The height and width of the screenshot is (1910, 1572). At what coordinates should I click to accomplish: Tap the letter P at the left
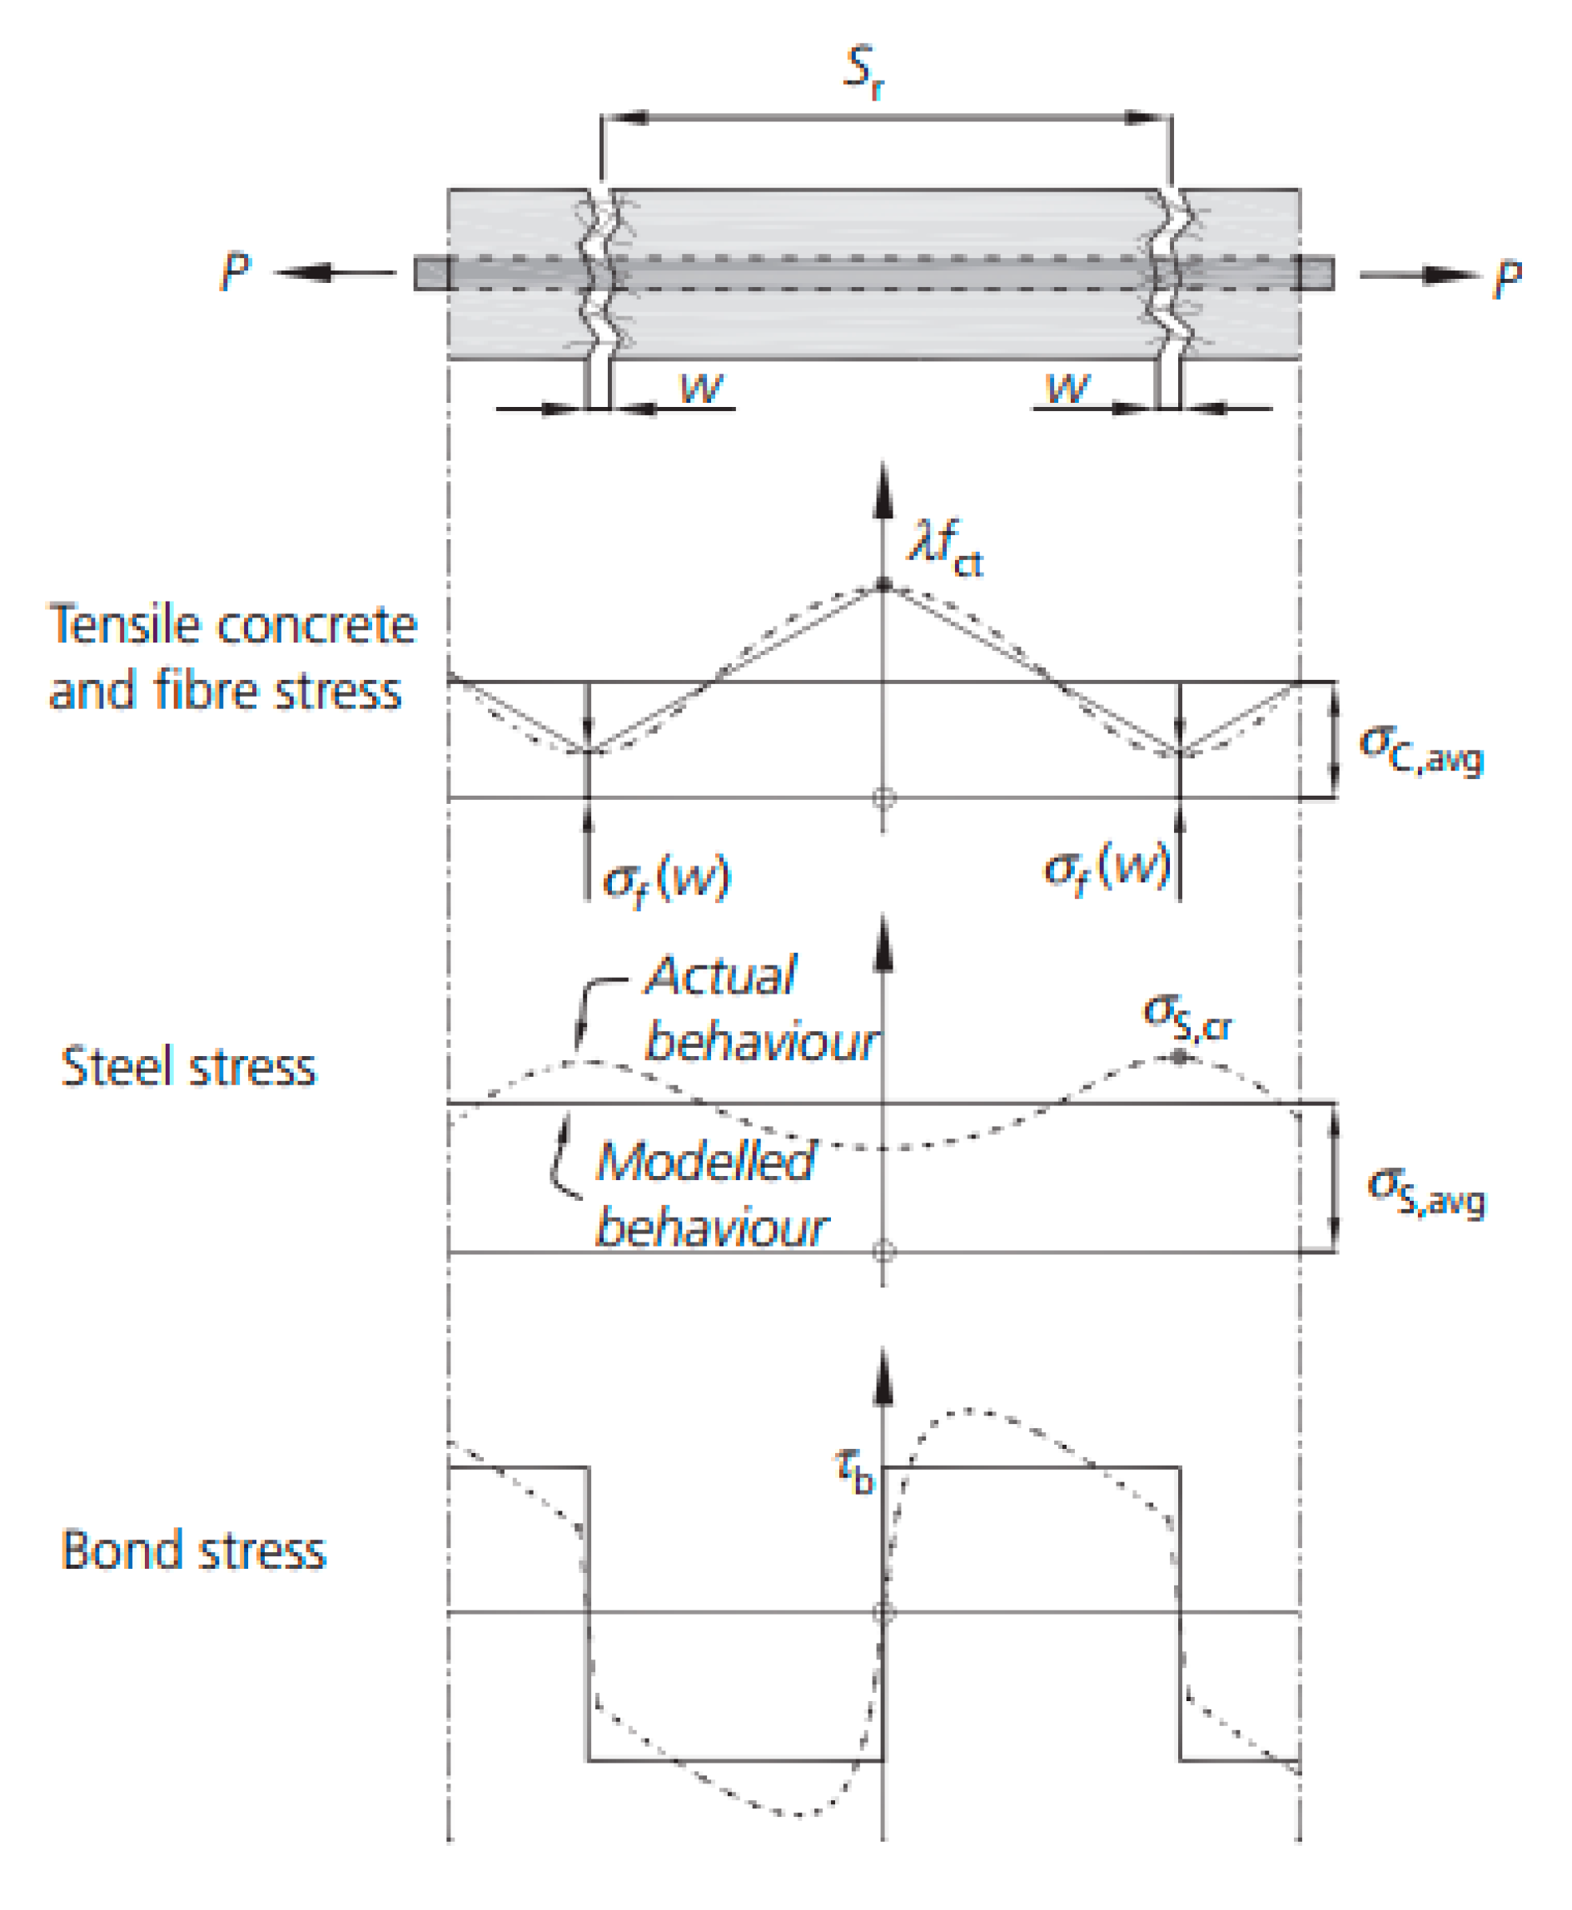pos(235,270)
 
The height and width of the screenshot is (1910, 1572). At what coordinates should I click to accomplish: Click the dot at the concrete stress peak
pos(883,585)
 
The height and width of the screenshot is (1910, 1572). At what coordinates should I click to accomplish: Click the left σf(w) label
pos(666,877)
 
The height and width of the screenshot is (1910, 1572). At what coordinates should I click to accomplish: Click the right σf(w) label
pos(1107,868)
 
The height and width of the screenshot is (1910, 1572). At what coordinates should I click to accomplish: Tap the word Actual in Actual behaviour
pos(721,976)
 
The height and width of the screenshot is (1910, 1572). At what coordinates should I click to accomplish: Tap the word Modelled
pos(705,1160)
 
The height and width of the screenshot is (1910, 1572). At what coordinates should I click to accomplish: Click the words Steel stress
pos(188,1066)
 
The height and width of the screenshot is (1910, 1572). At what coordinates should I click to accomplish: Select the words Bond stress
pos(193,1550)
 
